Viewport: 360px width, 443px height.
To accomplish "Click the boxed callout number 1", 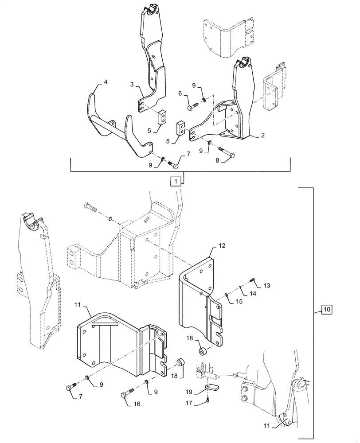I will pos(175,181).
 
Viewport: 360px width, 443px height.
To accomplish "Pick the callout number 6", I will pos(180,93).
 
